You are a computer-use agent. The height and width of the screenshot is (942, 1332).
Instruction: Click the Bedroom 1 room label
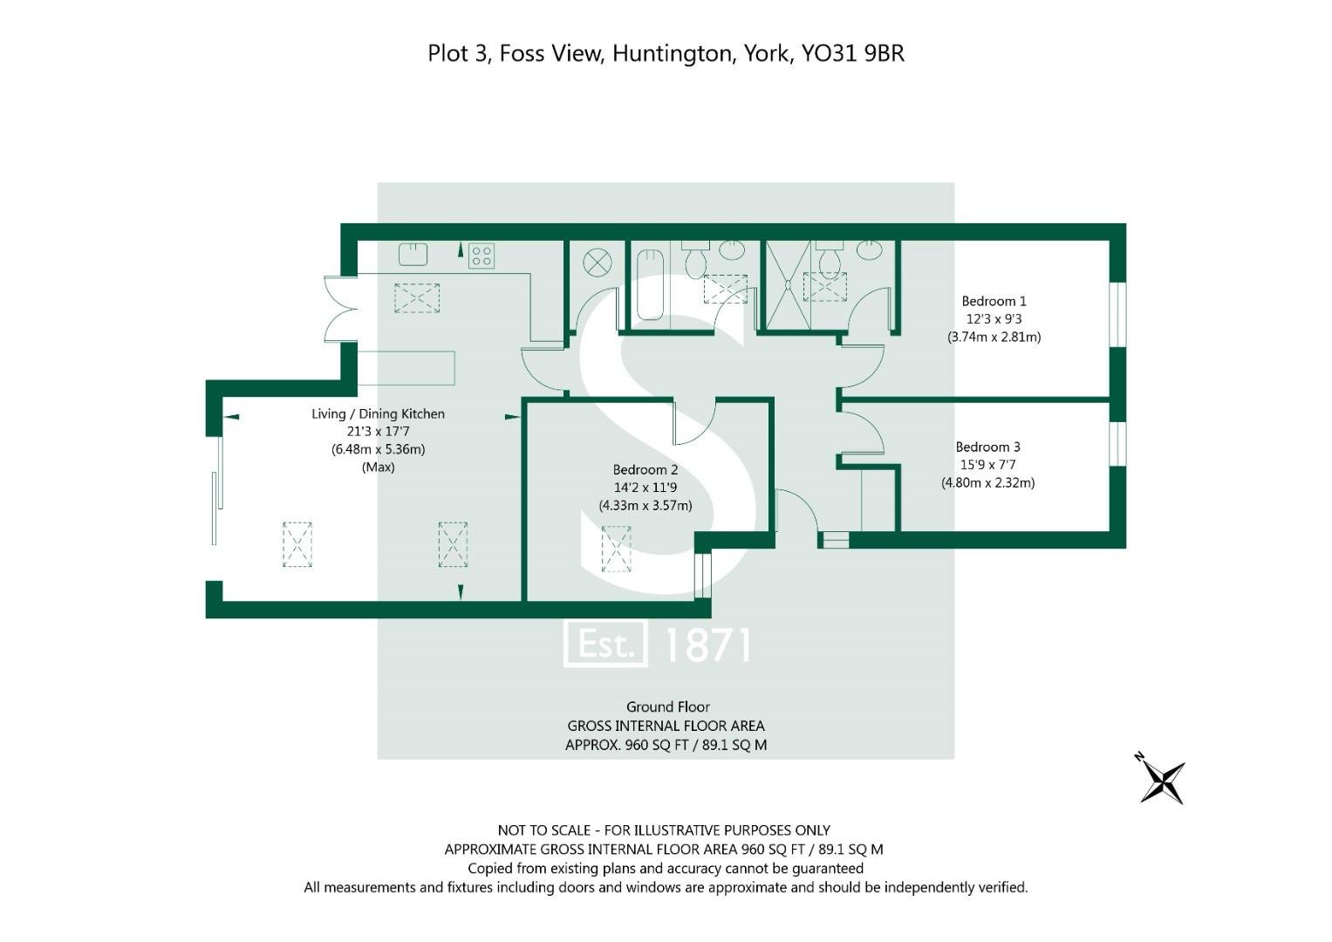pyautogui.click(x=994, y=301)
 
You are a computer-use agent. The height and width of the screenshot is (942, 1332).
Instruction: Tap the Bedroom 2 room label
pyautogui.click(x=646, y=470)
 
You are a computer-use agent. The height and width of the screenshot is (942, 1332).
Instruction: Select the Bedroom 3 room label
pyautogui.click(x=987, y=447)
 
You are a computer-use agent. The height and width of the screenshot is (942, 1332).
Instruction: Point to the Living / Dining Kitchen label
pyautogui.click(x=379, y=414)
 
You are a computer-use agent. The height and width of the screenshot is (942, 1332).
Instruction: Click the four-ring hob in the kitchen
pyautogui.click(x=481, y=256)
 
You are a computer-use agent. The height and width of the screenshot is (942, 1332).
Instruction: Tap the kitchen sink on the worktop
pyautogui.click(x=413, y=255)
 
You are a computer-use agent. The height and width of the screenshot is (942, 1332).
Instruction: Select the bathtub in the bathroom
pyautogui.click(x=650, y=285)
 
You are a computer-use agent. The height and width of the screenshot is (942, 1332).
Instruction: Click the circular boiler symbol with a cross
pyautogui.click(x=597, y=263)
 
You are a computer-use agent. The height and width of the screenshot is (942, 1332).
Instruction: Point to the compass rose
pyautogui.click(x=1161, y=780)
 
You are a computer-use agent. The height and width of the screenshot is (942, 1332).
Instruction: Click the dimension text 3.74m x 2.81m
pyautogui.click(x=994, y=338)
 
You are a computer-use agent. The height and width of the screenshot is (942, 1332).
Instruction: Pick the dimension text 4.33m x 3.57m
pyautogui.click(x=646, y=506)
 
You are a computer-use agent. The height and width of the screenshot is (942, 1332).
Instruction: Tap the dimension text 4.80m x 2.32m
pyautogui.click(x=987, y=483)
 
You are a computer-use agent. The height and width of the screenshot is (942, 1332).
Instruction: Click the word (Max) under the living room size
pyautogui.click(x=379, y=468)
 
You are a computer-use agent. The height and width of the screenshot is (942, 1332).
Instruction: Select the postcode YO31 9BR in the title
pyautogui.click(x=853, y=53)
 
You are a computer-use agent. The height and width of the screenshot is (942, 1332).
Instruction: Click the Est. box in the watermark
pyautogui.click(x=605, y=645)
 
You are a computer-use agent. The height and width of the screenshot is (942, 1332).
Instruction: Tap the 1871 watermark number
pyautogui.click(x=707, y=645)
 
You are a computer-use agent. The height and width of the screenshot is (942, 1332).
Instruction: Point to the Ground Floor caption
pyautogui.click(x=668, y=707)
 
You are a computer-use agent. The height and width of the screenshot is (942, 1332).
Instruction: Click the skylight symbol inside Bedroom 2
pyautogui.click(x=616, y=549)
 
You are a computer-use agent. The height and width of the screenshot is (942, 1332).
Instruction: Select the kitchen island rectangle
pyautogui.click(x=406, y=368)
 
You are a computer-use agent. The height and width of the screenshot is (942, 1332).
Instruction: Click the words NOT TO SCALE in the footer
pyautogui.click(x=544, y=830)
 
